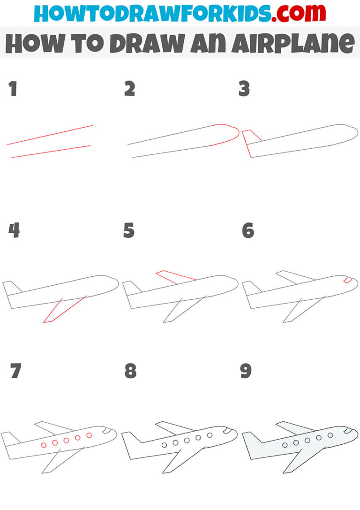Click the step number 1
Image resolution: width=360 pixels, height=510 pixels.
coord(13,89)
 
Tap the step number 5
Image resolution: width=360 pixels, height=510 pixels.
coord(129,231)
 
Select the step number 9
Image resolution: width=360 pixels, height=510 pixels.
coord(246,371)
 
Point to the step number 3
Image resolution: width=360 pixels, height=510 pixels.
coord(244,89)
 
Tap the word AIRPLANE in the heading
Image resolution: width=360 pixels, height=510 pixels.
coord(293,44)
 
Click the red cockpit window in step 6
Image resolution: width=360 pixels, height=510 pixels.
coord(347,280)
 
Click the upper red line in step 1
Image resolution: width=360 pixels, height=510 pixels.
coord(50,135)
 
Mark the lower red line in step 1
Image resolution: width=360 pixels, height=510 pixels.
coord(51,152)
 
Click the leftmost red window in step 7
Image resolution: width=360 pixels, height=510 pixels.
coord(44,444)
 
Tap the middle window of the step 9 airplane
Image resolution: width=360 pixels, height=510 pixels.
coord(307,440)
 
